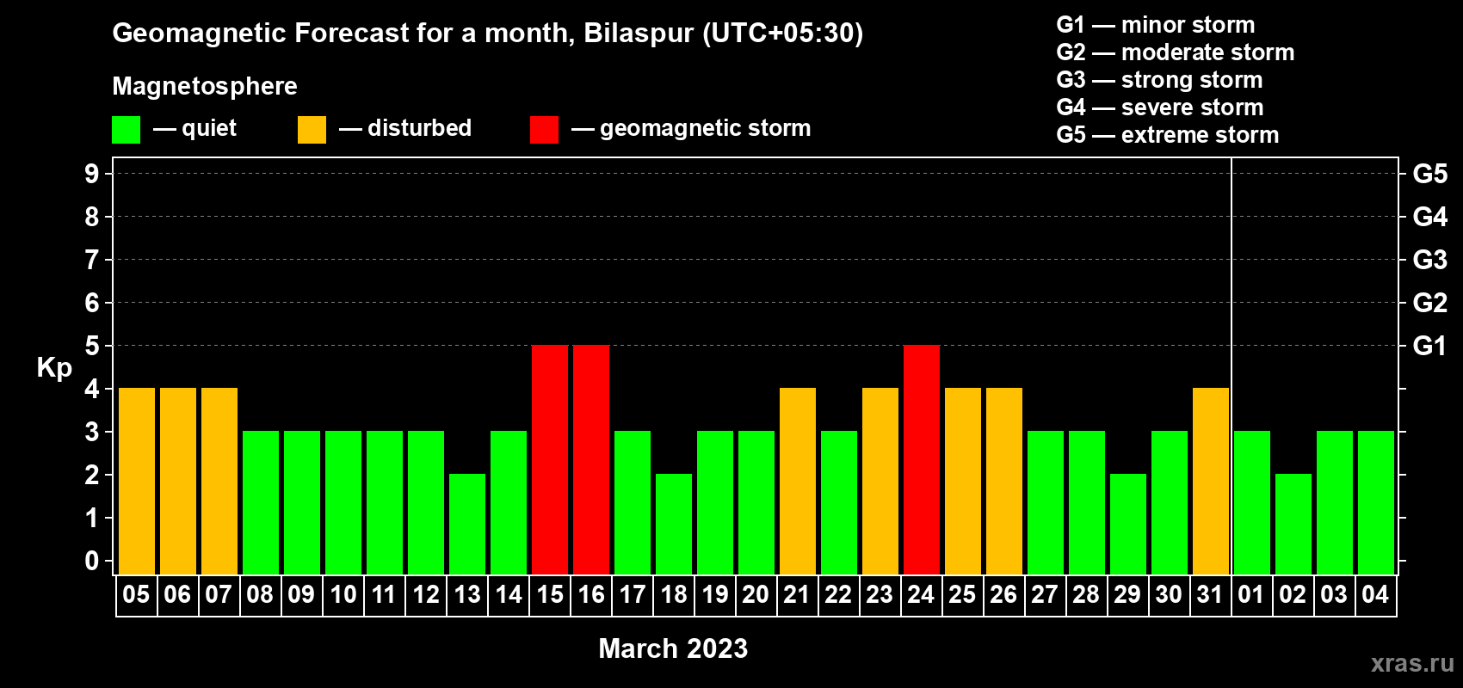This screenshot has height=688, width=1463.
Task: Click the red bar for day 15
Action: click(x=550, y=459)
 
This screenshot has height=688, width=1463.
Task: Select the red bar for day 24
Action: click(x=922, y=459)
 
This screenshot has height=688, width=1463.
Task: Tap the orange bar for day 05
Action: click(x=137, y=481)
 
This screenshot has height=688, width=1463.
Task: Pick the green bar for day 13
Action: click(x=467, y=524)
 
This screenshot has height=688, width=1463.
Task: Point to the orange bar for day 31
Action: click(x=1211, y=481)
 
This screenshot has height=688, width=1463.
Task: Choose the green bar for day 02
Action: click(x=1293, y=524)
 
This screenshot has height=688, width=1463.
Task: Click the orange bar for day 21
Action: click(x=798, y=481)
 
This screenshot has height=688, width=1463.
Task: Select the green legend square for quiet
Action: click(x=126, y=129)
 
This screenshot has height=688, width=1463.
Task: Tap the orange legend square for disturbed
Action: click(x=312, y=129)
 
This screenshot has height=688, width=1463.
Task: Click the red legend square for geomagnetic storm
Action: click(x=544, y=129)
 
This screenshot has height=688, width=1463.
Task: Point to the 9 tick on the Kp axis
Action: click(x=91, y=174)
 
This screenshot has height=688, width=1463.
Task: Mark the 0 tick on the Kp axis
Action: click(x=91, y=561)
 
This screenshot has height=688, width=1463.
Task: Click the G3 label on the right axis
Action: click(x=1429, y=260)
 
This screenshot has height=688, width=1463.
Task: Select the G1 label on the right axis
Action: click(x=1429, y=346)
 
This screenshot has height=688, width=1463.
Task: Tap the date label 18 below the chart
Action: click(x=673, y=594)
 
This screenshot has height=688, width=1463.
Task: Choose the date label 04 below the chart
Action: click(x=1375, y=594)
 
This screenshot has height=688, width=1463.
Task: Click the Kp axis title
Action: click(x=54, y=367)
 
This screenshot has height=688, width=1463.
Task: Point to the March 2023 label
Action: click(x=673, y=648)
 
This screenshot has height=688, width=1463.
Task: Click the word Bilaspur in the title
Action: click(x=638, y=34)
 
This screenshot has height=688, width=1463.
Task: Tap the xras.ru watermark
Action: click(x=1412, y=663)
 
